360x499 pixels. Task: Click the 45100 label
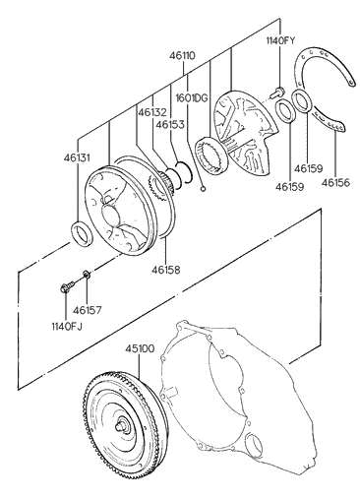click(x=139, y=348)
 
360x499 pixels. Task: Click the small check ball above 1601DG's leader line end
click(x=201, y=188)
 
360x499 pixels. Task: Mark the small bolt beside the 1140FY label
click(x=278, y=92)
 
